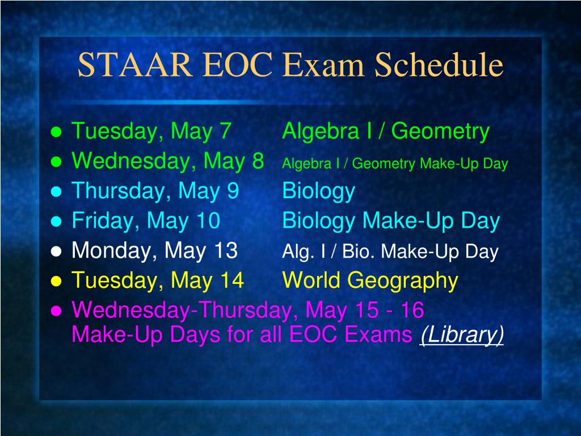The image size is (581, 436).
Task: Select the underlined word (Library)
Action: tap(462, 335)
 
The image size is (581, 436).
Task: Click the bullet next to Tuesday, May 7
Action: tap(56, 132)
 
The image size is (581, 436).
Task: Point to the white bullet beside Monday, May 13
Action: tap(56, 251)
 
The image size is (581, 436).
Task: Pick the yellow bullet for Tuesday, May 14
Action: tap(56, 281)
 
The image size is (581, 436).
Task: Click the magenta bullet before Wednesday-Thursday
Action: tap(56, 311)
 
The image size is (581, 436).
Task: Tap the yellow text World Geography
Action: tap(370, 280)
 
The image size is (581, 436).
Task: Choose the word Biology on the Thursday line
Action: tap(318, 192)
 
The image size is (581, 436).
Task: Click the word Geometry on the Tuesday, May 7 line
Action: tap(440, 132)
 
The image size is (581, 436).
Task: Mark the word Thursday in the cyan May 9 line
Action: tap(118, 191)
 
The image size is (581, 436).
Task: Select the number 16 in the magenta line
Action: tap(412, 311)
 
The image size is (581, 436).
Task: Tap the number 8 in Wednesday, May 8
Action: tap(258, 161)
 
